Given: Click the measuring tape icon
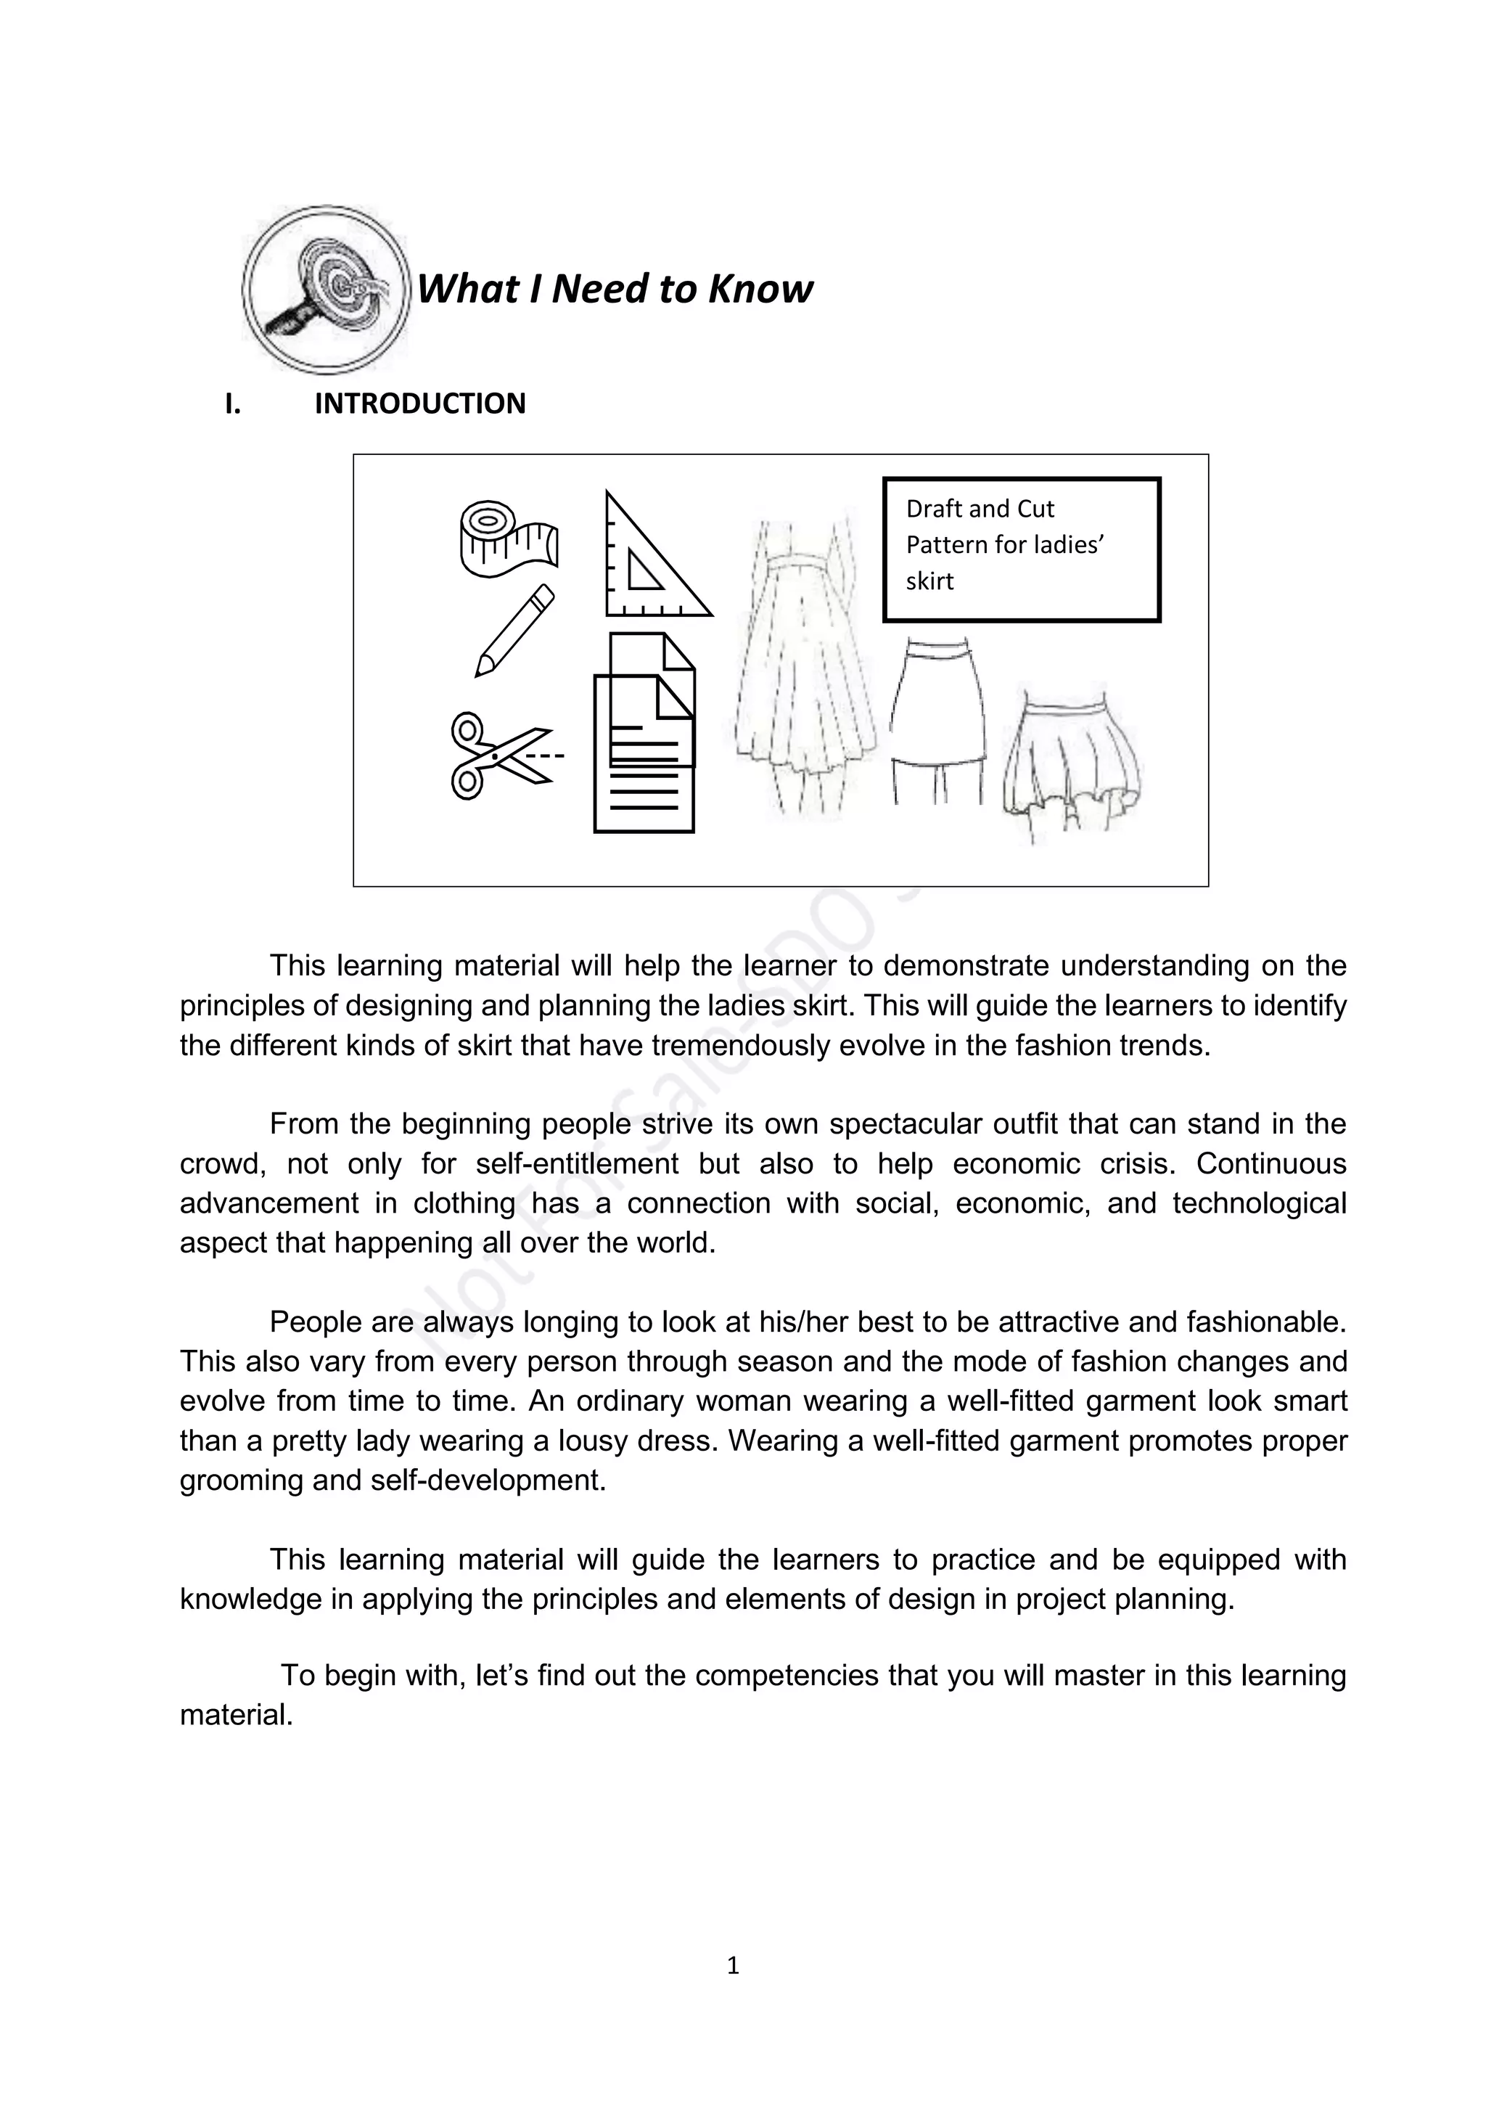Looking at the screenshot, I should click(x=506, y=540).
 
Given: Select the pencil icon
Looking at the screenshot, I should click(x=515, y=631).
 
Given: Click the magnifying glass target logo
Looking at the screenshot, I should click(x=325, y=289).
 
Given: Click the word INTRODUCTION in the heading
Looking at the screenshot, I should click(x=420, y=404).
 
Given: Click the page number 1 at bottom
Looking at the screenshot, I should click(x=732, y=1965).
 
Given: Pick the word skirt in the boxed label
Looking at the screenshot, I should click(x=929, y=582).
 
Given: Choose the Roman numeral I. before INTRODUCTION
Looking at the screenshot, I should click(x=232, y=404).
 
